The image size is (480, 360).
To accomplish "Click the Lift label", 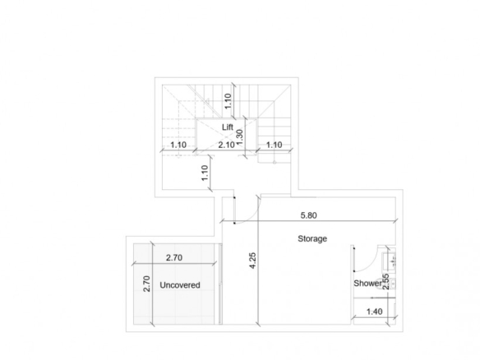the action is coord(228,127).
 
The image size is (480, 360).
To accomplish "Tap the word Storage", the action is coord(312,238).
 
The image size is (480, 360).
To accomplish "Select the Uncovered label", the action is coord(180,285).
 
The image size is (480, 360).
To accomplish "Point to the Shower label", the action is coord(367,284).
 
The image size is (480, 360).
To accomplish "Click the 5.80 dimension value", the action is coord(308,215).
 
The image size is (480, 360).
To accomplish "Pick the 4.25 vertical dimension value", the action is coord(252,261).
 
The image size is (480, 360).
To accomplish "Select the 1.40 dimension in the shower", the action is coord(375,312).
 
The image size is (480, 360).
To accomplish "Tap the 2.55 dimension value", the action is coord(386,282).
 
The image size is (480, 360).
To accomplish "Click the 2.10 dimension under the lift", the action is coord(226,145).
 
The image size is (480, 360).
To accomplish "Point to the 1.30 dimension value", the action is coord(240,137).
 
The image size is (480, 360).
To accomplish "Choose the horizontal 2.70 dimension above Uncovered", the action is coord(174,258).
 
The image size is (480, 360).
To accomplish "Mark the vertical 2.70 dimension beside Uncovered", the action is coord(147,284).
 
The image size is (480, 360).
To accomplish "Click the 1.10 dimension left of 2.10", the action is coord(178,145).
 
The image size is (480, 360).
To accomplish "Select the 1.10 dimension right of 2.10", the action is coord(274,145).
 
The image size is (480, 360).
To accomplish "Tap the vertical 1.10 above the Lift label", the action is coord(228,101).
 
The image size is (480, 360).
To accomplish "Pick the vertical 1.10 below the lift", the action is coord(205,173).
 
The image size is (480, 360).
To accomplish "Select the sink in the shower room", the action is coord(389,261).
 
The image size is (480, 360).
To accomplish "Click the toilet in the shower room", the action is coord(390,284).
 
